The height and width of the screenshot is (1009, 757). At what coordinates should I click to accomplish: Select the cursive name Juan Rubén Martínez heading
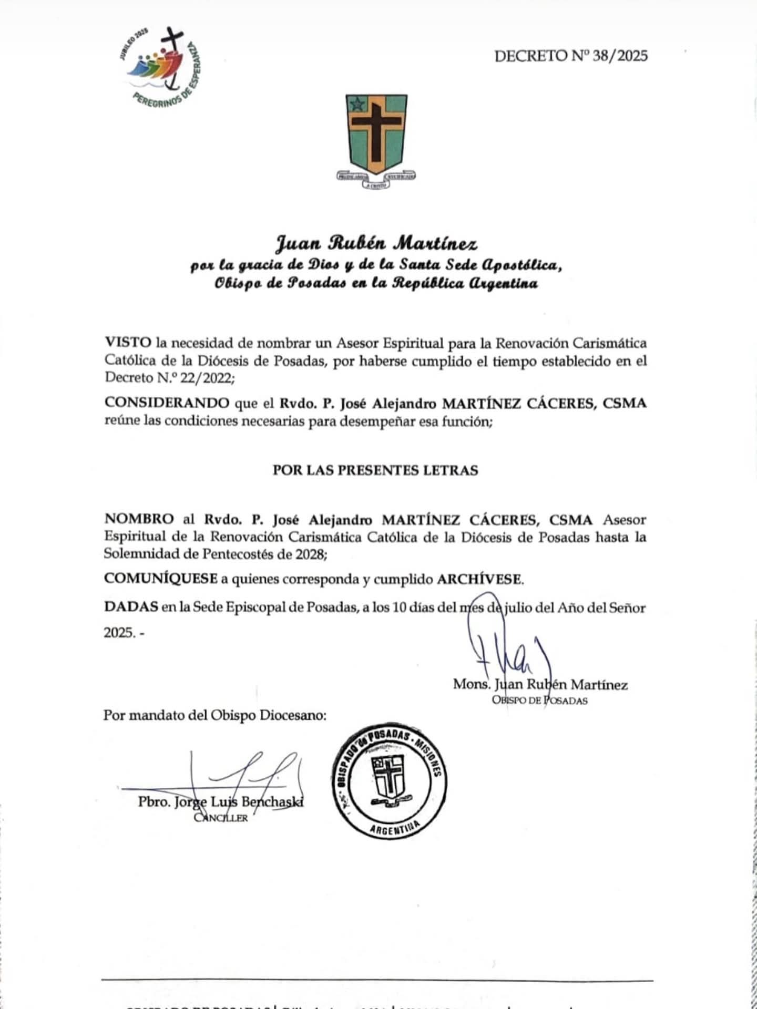pyautogui.click(x=377, y=244)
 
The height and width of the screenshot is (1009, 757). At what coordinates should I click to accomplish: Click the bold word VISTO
pyautogui.click(x=128, y=343)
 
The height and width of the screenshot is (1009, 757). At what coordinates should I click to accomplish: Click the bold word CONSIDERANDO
pyautogui.click(x=167, y=403)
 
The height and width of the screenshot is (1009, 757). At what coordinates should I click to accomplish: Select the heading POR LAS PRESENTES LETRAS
pyautogui.click(x=375, y=470)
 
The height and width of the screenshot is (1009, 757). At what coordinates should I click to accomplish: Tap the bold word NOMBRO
pyautogui.click(x=139, y=519)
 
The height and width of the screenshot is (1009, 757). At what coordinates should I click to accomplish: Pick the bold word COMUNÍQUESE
pyautogui.click(x=161, y=579)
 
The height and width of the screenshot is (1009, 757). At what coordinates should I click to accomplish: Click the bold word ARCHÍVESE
pyautogui.click(x=479, y=579)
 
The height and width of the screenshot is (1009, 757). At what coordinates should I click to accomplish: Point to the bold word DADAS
pyautogui.click(x=131, y=607)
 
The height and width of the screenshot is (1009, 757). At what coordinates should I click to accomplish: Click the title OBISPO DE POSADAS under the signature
pyautogui.click(x=539, y=701)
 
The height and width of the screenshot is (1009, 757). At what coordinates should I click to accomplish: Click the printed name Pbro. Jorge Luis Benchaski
pyautogui.click(x=221, y=802)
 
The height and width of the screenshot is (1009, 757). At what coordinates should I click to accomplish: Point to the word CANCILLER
pyautogui.click(x=221, y=818)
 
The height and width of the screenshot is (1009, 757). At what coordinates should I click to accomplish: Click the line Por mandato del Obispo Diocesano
pyautogui.click(x=214, y=715)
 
